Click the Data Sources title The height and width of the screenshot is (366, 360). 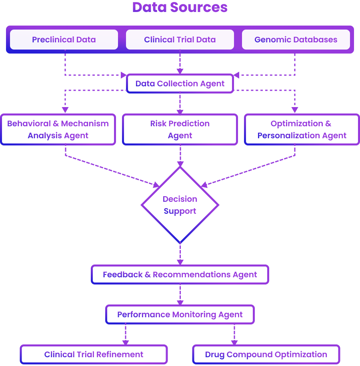tap(180, 8)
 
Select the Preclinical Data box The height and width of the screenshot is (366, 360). tap(64, 40)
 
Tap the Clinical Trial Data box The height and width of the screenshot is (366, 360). tap(180, 40)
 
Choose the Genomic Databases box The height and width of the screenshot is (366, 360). tap(296, 40)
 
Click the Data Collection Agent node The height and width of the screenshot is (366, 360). tap(180, 84)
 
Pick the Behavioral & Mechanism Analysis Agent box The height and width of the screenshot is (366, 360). tap(58, 129)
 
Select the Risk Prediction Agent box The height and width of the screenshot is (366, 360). tap(180, 129)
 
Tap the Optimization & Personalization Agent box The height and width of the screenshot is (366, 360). tap(302, 129)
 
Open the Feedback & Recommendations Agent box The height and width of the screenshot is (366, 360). tap(180, 274)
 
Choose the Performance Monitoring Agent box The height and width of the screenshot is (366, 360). tap(180, 314)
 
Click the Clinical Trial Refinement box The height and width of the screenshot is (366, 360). tap(94, 354)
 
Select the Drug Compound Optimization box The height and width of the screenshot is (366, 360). tap(266, 354)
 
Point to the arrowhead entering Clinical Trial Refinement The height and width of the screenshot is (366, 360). tap(126, 342)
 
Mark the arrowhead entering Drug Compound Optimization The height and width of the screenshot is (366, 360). tap(234, 342)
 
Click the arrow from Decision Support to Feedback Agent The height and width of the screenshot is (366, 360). tap(180, 254)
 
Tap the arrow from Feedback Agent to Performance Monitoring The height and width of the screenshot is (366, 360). tap(180, 294)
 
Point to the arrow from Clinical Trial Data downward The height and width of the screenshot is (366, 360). tap(180, 62)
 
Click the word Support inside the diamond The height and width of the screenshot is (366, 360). tap(180, 211)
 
